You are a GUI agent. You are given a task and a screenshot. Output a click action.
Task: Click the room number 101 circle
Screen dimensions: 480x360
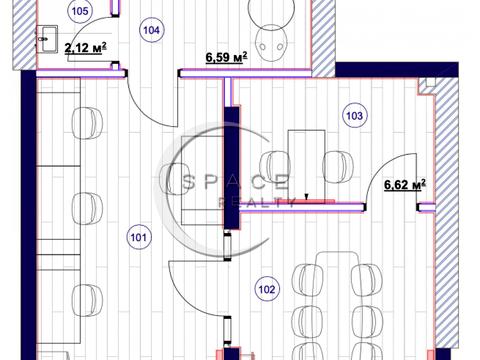[x=138, y=237]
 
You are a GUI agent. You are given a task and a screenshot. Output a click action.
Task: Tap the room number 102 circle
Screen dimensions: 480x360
[x=267, y=289]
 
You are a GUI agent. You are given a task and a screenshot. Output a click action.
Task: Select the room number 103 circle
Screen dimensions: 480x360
[x=354, y=116]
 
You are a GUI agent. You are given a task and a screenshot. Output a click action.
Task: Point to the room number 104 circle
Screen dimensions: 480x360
[x=151, y=30]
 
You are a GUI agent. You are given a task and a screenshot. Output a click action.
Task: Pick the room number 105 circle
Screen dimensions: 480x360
[x=80, y=11]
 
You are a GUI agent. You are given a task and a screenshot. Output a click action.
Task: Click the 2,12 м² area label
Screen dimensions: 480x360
[x=86, y=48]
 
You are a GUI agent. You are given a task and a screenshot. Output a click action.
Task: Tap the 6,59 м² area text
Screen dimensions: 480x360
[x=226, y=57]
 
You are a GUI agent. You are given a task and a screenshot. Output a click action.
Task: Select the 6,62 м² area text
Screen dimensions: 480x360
[x=405, y=184]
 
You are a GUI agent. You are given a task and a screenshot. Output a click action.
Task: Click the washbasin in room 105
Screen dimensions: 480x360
[x=46, y=39]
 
